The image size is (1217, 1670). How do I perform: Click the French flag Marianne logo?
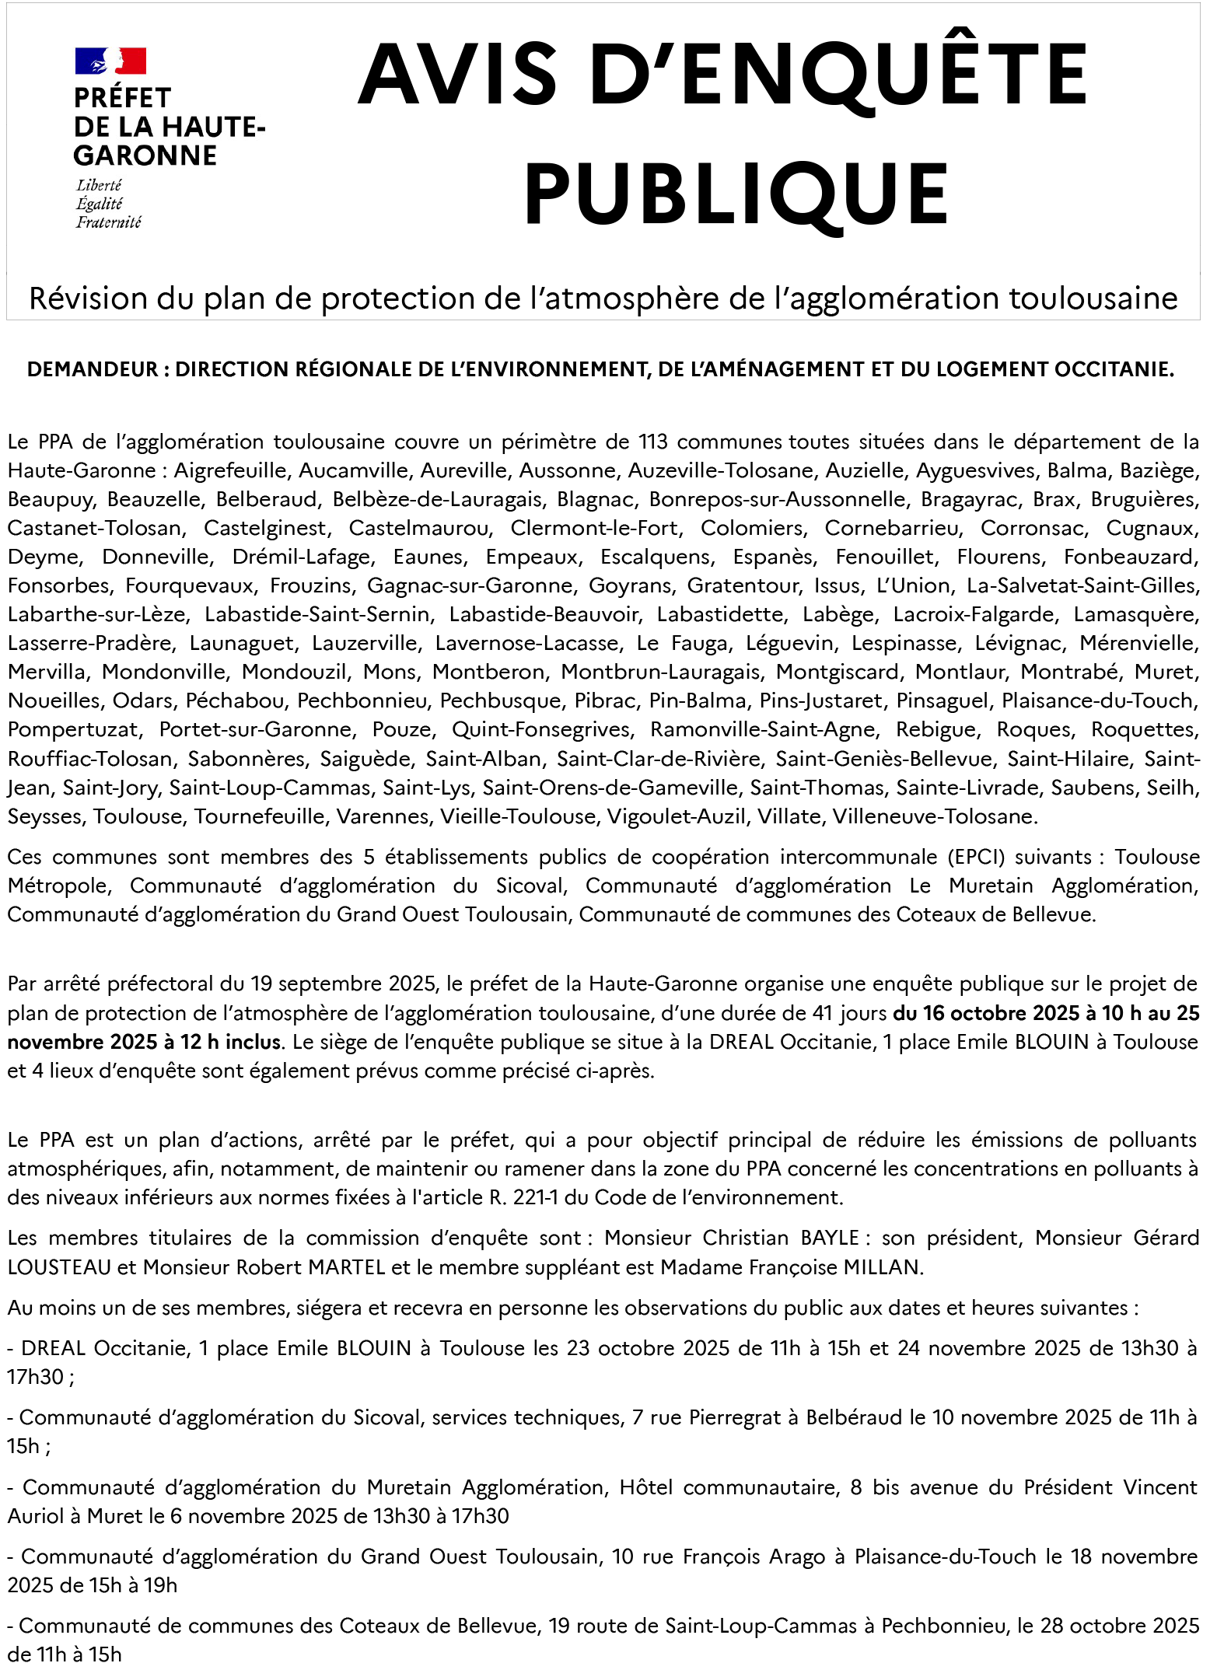(110, 61)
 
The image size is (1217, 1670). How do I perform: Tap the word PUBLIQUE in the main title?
(736, 194)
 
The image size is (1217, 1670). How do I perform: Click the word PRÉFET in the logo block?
(122, 99)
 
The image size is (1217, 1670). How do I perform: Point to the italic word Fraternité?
(108, 222)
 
